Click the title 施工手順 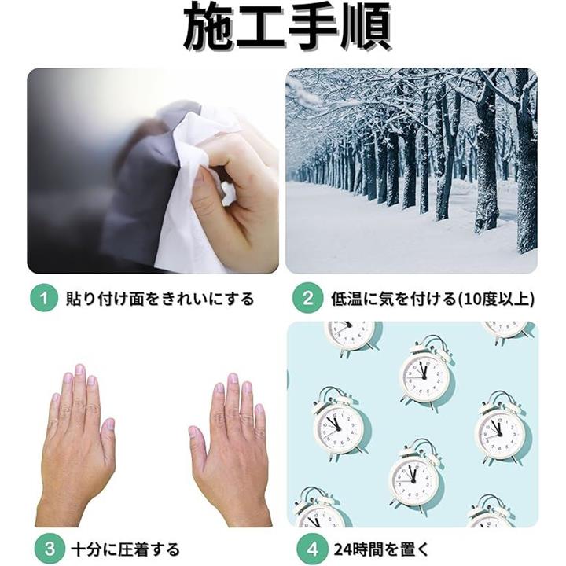coord(287,27)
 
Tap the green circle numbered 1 coord(44,298)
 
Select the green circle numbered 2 coord(307,298)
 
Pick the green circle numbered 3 coord(50,549)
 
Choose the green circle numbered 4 coord(312,549)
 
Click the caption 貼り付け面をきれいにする coord(160,299)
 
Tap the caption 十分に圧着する coord(125,549)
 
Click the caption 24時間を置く coord(381,549)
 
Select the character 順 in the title coord(366,27)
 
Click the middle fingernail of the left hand coord(79,370)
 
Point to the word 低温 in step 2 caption coord(347,299)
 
